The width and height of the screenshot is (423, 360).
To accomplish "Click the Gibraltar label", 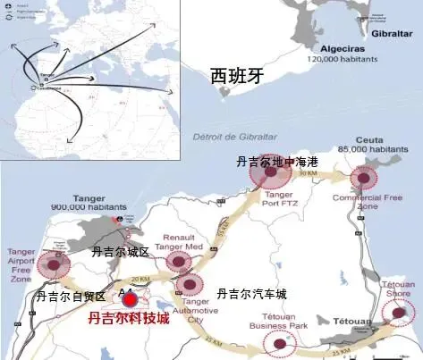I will click(x=394, y=17).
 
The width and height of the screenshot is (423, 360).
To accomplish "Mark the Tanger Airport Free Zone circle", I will click(x=59, y=264).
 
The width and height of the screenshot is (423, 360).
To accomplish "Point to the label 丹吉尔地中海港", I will click(x=277, y=162).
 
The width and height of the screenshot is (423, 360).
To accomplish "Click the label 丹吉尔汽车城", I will click(x=252, y=293).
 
